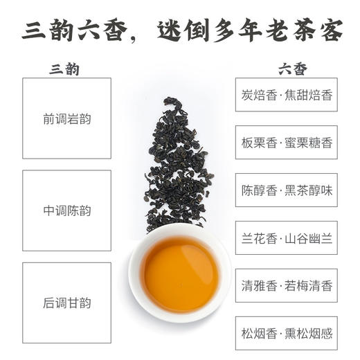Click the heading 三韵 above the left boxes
point(66,69)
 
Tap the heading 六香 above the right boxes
point(293,69)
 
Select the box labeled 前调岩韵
point(66,118)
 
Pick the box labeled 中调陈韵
point(66,210)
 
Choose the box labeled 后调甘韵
point(66,303)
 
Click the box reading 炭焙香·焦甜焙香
point(287,95)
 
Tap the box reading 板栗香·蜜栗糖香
point(287,143)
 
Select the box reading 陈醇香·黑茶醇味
point(287,190)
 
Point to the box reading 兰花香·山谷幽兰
point(287,239)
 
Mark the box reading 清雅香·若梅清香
point(287,286)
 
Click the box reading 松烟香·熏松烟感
point(287,334)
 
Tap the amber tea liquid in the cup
point(180,273)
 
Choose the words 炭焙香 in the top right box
point(258,95)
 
